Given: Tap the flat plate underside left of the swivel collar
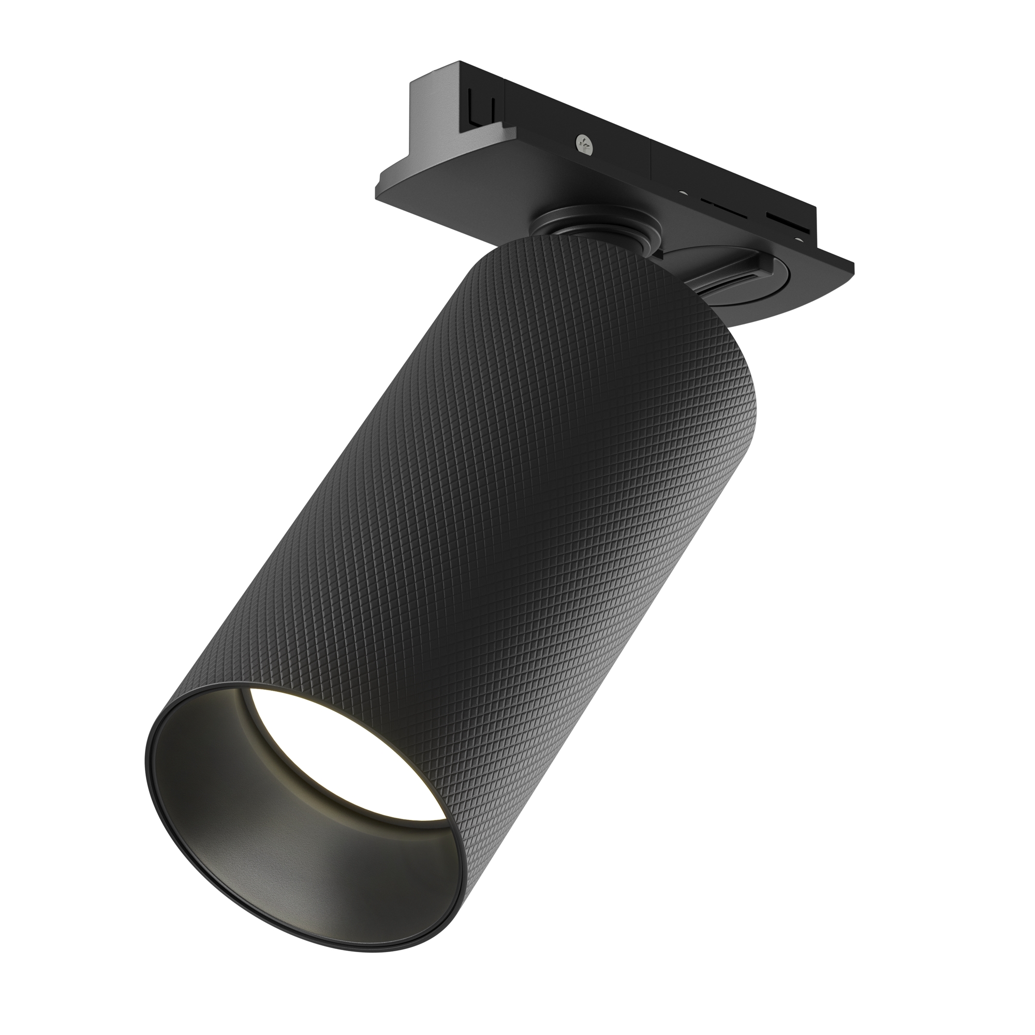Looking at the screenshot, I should (461, 198).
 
